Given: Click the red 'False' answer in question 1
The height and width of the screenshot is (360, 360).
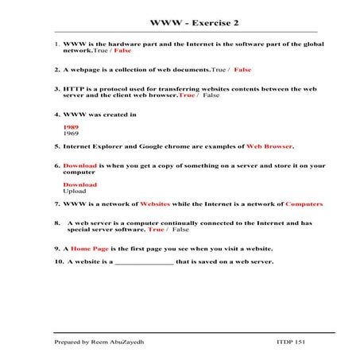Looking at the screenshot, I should [123, 50].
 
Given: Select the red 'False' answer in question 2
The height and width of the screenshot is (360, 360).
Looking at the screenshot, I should [242, 70].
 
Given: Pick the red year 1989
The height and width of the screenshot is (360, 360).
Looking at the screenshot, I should [71, 127].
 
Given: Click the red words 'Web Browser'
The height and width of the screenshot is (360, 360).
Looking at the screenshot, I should [269, 146].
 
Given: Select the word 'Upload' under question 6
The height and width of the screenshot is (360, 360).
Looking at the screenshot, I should [74, 191].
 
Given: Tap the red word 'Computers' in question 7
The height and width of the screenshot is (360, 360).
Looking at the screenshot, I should [304, 204].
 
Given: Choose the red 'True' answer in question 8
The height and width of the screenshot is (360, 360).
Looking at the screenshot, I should [156, 230].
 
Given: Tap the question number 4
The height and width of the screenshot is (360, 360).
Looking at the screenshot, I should [56, 114].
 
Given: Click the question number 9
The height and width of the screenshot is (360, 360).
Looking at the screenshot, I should [56, 248].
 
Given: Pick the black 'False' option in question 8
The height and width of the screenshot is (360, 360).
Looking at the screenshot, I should [180, 230].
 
